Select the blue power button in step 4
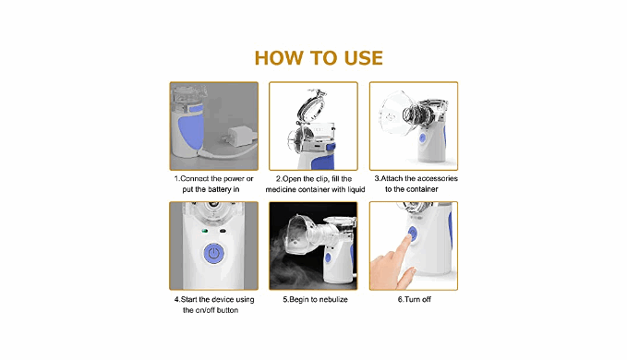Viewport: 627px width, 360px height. point(214,253)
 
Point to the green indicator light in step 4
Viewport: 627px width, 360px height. point(205,231)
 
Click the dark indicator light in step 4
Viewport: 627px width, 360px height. point(223,231)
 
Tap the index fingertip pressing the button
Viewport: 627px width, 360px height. point(407,238)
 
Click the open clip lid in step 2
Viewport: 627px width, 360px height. point(313,106)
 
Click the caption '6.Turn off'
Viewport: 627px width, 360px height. point(415,299)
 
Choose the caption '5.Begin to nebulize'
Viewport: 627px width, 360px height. point(315,299)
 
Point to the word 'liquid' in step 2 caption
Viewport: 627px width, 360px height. point(355,189)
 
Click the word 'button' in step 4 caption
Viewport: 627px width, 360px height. point(227,310)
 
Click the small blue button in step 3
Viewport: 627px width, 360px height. point(422,138)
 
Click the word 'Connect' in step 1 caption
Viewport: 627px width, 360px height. point(194,178)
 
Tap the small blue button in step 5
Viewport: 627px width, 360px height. point(328,258)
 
